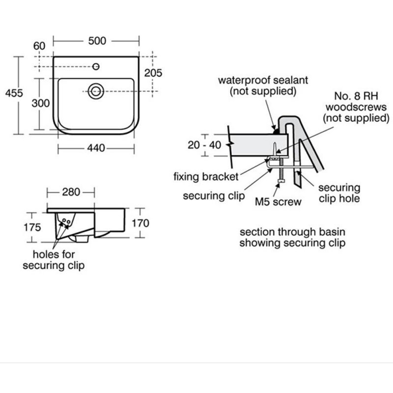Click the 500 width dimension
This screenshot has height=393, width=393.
[x=97, y=41]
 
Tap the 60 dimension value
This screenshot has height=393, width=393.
[x=39, y=46]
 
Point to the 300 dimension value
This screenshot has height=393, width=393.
[x=41, y=103]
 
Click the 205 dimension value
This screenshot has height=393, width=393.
[x=153, y=73]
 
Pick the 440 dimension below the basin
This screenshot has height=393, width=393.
[x=96, y=148]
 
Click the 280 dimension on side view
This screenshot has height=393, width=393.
[x=71, y=192]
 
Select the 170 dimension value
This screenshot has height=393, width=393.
[x=140, y=224]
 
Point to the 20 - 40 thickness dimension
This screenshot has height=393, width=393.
[x=204, y=144]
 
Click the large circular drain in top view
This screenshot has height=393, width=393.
[x=95, y=90]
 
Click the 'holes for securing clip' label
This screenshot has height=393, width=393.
[x=58, y=260]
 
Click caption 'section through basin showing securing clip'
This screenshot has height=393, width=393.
[x=292, y=237]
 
